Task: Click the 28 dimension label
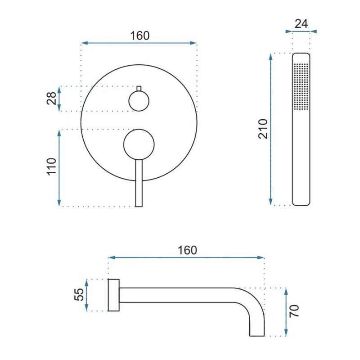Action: (51, 99)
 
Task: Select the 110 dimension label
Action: (52, 167)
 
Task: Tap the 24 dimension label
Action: (301, 24)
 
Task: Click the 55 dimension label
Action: (79, 295)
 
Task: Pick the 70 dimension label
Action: (294, 311)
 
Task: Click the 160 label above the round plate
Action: (140, 36)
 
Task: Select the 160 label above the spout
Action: (187, 250)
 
